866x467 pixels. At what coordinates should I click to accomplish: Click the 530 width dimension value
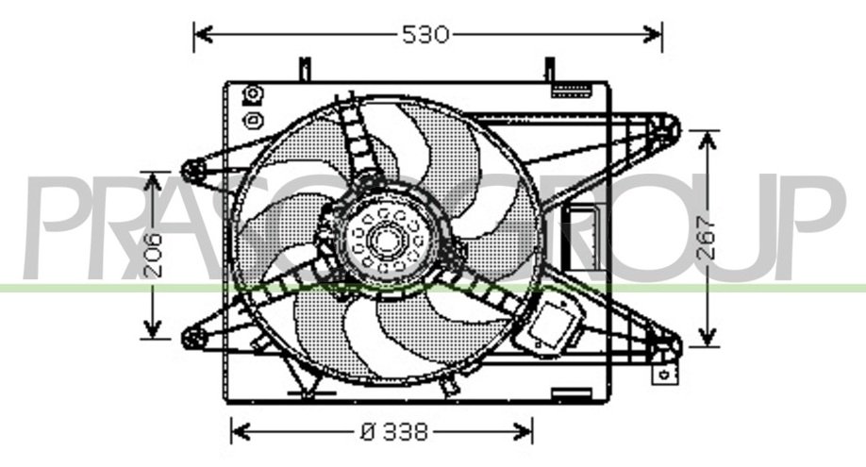pyautogui.click(x=425, y=35)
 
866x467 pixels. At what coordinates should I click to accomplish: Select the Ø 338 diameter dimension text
pyautogui.click(x=394, y=431)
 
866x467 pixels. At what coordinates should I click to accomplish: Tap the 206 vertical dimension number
pyautogui.click(x=153, y=254)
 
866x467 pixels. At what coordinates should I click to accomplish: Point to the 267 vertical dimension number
pyautogui.click(x=706, y=238)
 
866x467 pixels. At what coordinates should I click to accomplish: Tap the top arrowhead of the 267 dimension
pyautogui.click(x=707, y=142)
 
